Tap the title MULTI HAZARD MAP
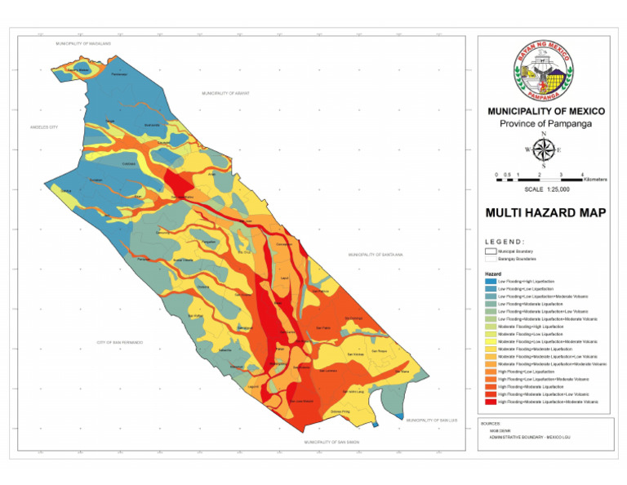(545, 213)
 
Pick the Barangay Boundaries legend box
(490, 259)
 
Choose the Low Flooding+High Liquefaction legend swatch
(490, 282)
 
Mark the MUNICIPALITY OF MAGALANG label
(82, 42)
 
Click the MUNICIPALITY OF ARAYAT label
(225, 94)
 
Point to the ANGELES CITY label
(45, 127)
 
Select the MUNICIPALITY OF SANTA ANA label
(376, 255)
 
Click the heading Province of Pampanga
(545, 124)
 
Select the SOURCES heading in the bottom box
(491, 424)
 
